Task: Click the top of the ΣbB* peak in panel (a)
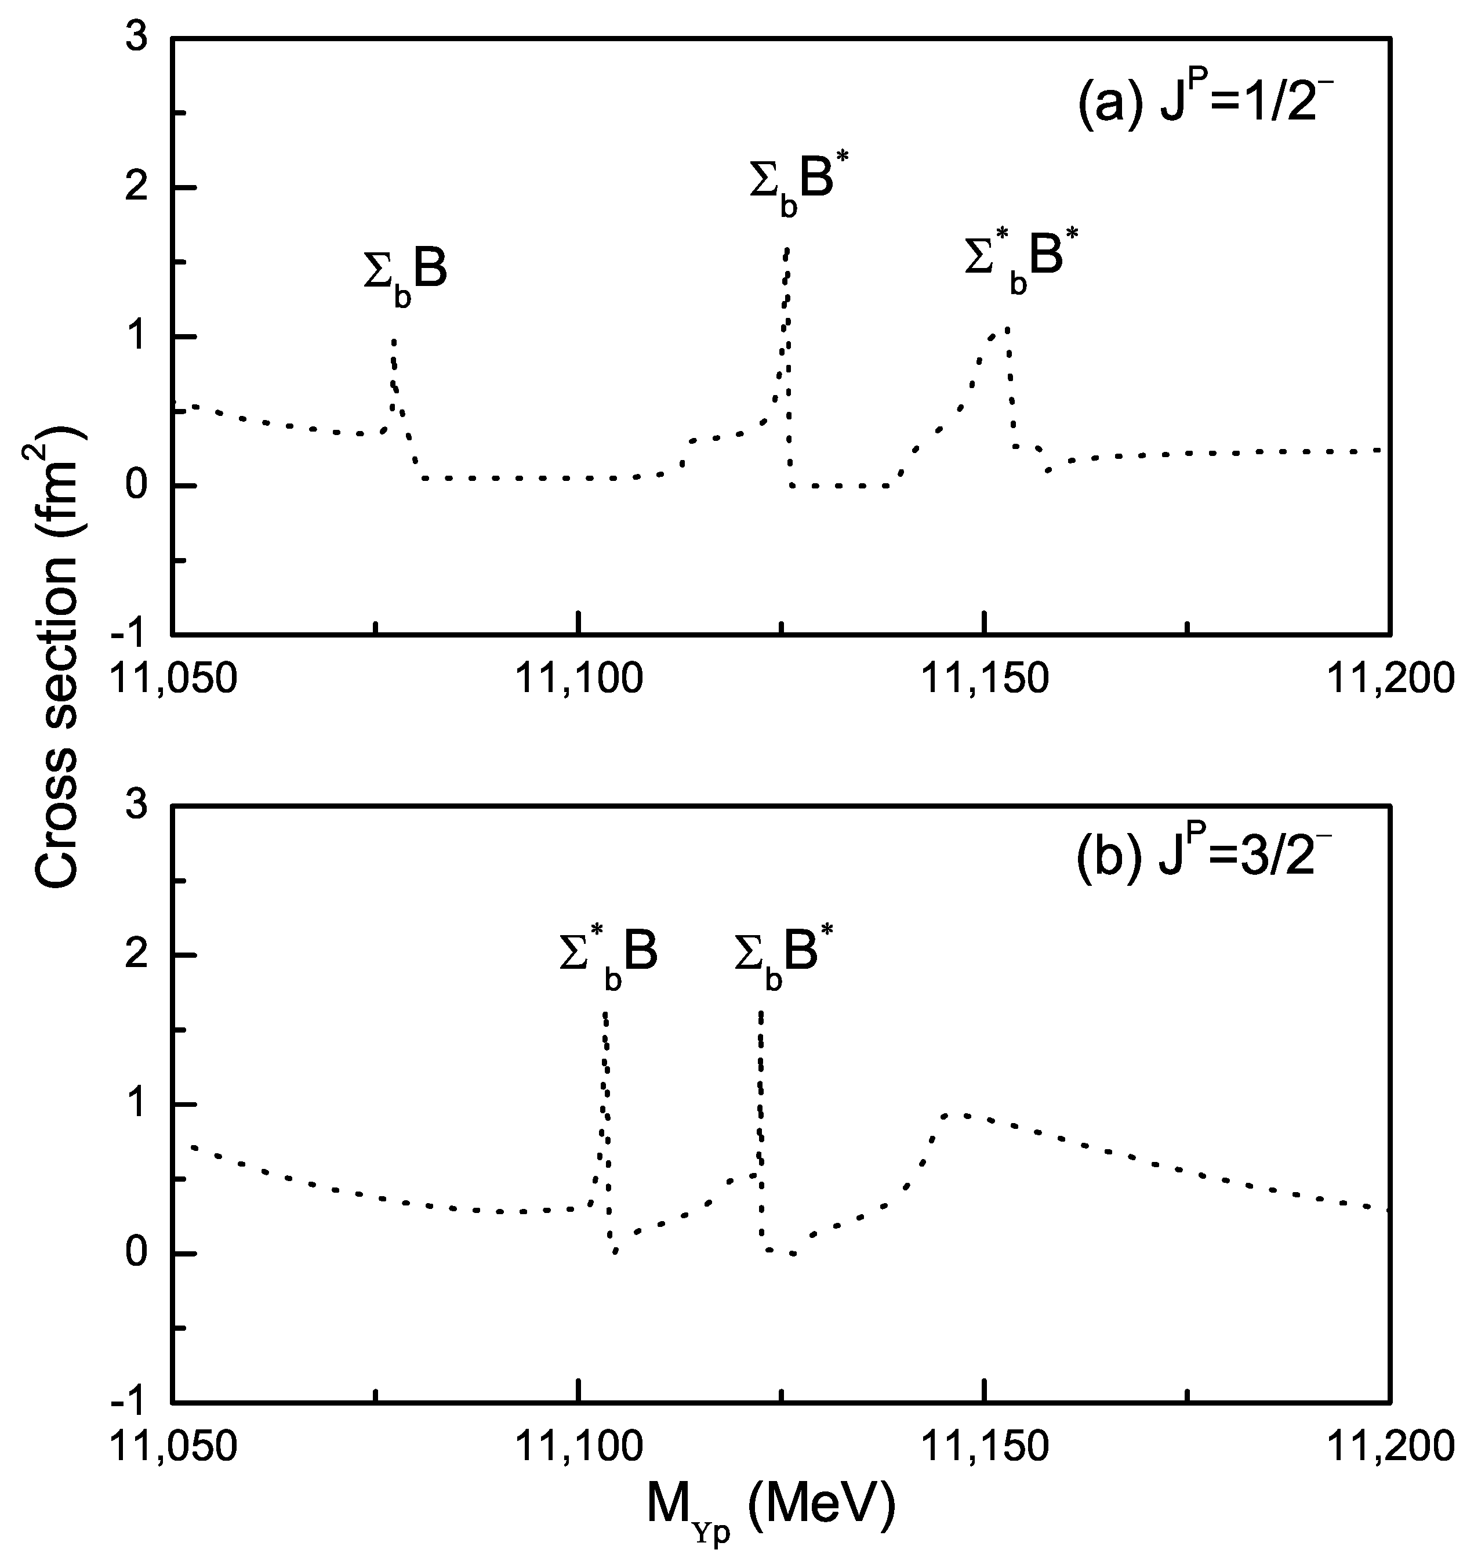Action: pyautogui.click(x=786, y=248)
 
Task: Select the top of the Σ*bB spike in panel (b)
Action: pyautogui.click(x=604, y=1014)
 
